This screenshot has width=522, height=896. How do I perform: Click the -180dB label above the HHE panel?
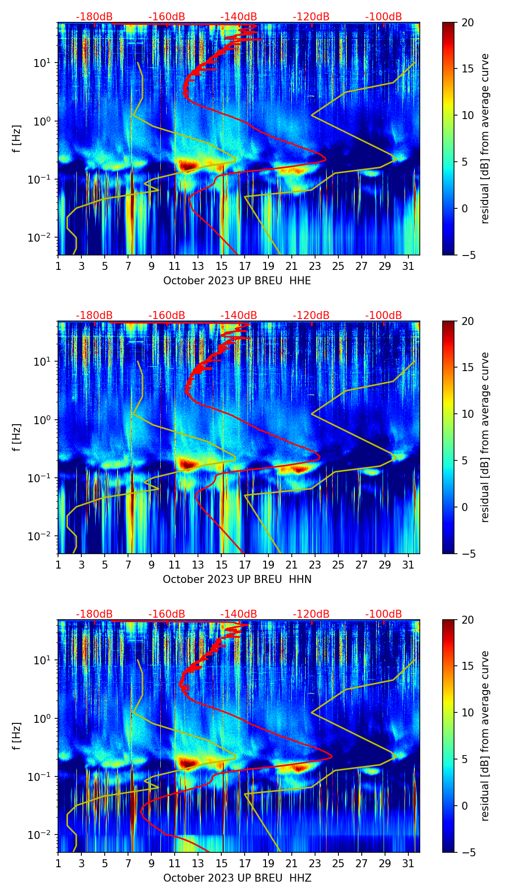click(x=94, y=17)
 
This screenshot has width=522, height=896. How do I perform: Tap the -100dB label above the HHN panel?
click(x=384, y=316)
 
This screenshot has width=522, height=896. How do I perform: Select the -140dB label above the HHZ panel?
click(x=239, y=614)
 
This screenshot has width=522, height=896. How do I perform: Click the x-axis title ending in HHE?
click(x=237, y=281)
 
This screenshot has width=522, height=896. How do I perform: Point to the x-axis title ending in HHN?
click(x=237, y=579)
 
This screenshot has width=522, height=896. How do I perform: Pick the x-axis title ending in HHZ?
click(x=237, y=878)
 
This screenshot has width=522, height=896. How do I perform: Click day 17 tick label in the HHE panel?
click(x=245, y=266)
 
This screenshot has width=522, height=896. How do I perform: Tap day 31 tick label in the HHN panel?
click(x=408, y=565)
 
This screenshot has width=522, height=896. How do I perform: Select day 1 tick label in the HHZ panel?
click(x=58, y=864)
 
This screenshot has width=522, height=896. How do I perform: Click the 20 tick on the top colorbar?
click(x=467, y=22)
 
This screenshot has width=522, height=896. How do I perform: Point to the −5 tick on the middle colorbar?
click(x=467, y=553)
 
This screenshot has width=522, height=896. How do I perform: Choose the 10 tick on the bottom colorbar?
click(x=467, y=712)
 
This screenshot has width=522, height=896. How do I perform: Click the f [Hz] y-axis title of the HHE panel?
click(x=17, y=139)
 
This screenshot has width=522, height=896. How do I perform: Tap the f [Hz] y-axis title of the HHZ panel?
click(x=17, y=736)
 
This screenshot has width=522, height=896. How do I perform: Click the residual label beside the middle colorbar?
click(x=485, y=437)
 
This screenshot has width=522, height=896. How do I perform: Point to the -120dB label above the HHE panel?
click(x=311, y=17)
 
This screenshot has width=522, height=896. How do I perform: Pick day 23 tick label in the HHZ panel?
click(x=315, y=864)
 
